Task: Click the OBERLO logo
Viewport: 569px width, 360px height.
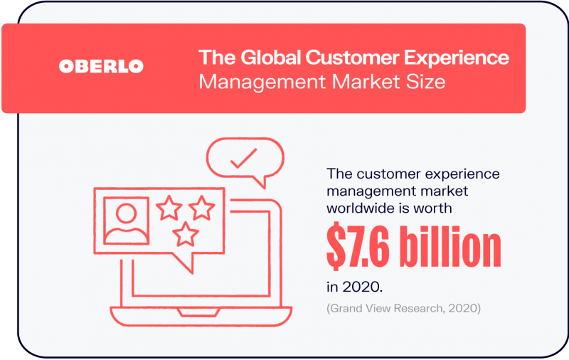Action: [101, 66]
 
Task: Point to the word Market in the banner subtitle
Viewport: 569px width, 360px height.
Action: [366, 81]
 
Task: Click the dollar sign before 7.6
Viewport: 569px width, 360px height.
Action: [336, 246]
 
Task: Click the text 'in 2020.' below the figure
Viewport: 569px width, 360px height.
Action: [354, 287]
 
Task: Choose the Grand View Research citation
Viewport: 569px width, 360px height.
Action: [403, 308]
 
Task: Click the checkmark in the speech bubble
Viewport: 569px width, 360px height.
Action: [243, 158]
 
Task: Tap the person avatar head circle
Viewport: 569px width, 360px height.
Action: [127, 213]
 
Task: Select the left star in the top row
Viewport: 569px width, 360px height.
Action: [169, 208]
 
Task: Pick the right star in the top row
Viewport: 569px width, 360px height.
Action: [202, 208]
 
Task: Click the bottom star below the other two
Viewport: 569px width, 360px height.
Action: [186, 234]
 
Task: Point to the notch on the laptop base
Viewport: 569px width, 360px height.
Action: [198, 312]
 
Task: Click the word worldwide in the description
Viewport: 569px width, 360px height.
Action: [363, 208]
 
